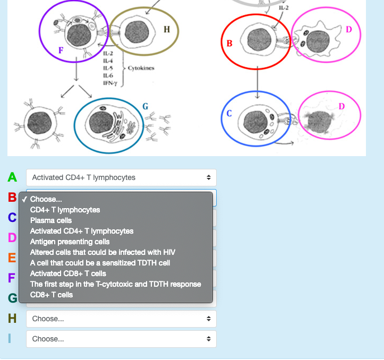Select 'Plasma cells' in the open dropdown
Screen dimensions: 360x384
point(51,220)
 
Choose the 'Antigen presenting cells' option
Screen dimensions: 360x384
point(70,242)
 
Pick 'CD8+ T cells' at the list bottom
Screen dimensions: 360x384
point(52,295)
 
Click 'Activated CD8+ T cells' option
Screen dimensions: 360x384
point(68,273)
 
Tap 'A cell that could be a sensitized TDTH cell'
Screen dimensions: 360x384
point(100,263)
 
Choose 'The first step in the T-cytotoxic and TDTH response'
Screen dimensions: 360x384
point(115,284)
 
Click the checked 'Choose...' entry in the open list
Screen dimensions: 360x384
point(46,199)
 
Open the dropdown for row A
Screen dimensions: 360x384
point(121,177)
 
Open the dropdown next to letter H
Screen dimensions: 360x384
point(121,319)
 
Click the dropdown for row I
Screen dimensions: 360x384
point(121,339)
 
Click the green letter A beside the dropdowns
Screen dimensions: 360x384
point(12,177)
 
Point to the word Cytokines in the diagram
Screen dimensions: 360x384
point(141,68)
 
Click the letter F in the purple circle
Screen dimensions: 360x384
point(61,50)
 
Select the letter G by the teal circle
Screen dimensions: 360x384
point(145,107)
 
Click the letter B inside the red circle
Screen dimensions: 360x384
point(229,42)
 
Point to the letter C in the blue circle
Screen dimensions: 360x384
point(229,114)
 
